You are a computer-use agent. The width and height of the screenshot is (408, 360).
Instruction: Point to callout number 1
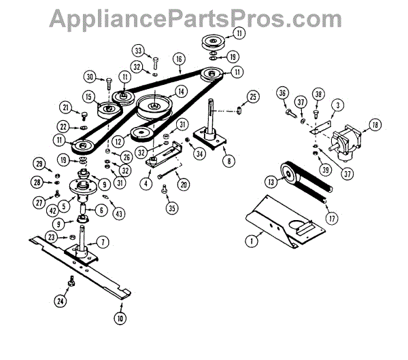(252, 239)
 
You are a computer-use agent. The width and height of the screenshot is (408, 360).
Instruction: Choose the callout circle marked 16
(179, 59)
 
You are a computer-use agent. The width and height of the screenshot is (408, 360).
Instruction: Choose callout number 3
(338, 104)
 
